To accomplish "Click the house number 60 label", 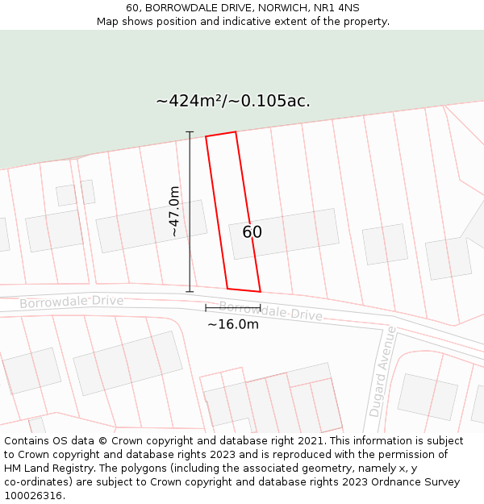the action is (x=252, y=232).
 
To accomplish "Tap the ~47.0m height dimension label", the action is (x=174, y=211).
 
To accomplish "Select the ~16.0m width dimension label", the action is (x=233, y=324).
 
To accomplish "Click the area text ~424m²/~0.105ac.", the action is (x=233, y=101).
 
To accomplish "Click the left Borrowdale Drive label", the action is (x=72, y=302).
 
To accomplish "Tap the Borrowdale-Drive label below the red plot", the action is (x=270, y=311).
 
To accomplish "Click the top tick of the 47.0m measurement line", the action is (x=190, y=131).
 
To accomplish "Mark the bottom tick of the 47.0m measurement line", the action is (x=190, y=291).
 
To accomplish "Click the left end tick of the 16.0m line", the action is (x=206, y=307).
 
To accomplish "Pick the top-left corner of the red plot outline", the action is (x=206, y=136).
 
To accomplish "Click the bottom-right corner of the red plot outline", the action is (x=261, y=291).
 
